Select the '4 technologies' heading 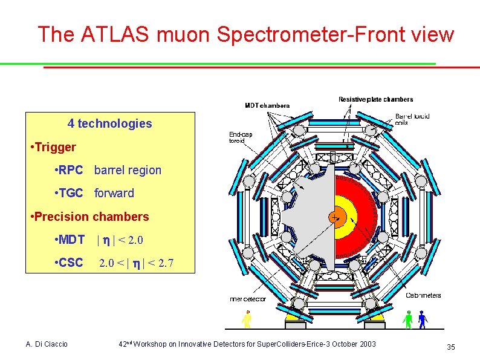(x=110, y=124)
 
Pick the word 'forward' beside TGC (x=114, y=193)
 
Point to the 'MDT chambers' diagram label (x=267, y=105)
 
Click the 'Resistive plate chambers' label (x=375, y=99)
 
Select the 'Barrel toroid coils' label (x=412, y=119)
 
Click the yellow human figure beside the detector (x=247, y=318)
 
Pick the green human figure (x=408, y=319)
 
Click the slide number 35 (x=450, y=347)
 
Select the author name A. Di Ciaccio (x=47, y=344)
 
